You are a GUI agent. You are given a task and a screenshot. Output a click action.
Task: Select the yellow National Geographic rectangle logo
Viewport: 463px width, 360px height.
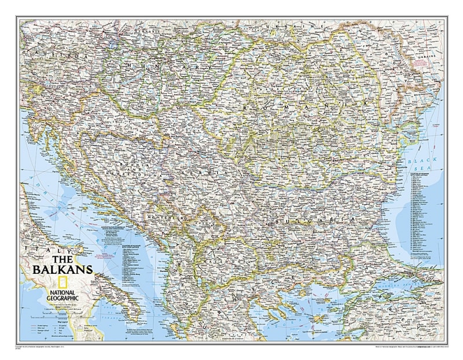tap(40, 284)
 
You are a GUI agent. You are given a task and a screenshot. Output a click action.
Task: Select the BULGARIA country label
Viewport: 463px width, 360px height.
tap(309, 219)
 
